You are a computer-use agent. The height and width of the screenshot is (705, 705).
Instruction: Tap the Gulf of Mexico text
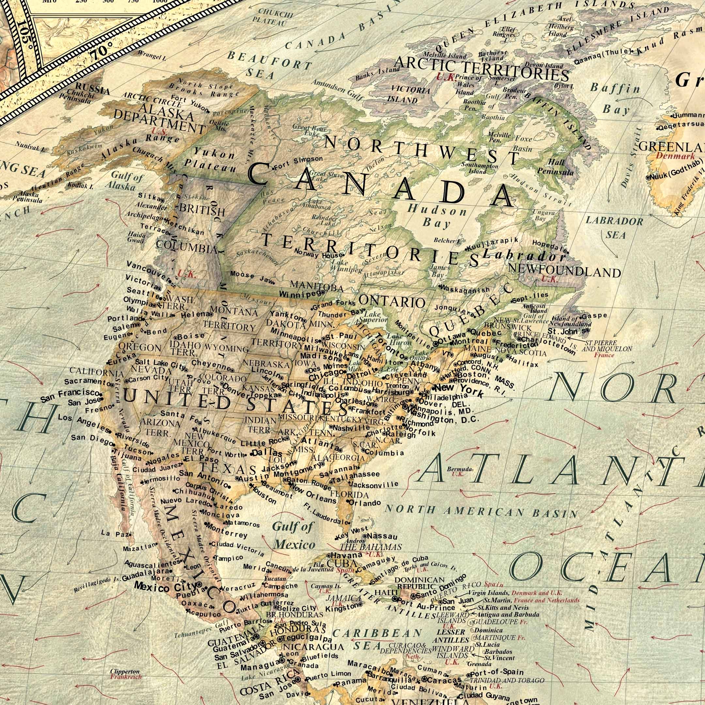click(x=293, y=535)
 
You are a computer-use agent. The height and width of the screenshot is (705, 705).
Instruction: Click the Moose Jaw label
click(x=252, y=277)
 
